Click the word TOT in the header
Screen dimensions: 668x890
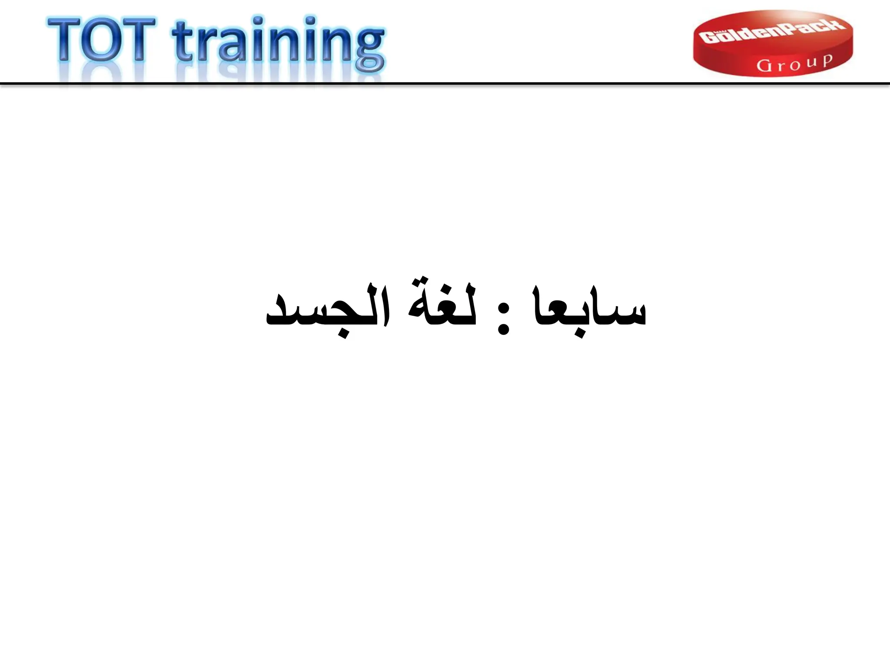pyautogui.click(x=102, y=40)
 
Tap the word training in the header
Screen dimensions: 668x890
pyautogui.click(x=278, y=43)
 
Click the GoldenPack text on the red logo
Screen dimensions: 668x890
pyautogui.click(x=773, y=32)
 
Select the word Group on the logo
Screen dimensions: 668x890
pyautogui.click(x=794, y=63)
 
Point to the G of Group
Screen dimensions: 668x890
pyautogui.click(x=764, y=66)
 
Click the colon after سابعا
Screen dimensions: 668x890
pyautogui.click(x=503, y=319)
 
